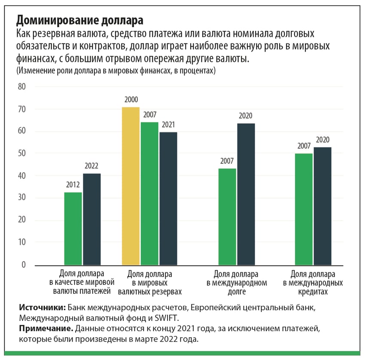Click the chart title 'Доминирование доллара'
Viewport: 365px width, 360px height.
(79, 20)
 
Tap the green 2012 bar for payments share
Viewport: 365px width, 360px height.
(73, 228)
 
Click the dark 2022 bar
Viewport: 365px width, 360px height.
(92, 219)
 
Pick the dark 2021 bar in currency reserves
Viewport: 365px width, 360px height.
(168, 198)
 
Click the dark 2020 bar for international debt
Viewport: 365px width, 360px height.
(246, 194)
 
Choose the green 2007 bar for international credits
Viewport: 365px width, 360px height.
(304, 209)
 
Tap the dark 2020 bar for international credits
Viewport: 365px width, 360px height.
(322, 206)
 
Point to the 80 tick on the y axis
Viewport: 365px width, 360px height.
(22, 87)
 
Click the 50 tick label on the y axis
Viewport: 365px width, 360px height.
(22, 153)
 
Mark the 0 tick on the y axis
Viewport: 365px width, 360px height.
(24, 265)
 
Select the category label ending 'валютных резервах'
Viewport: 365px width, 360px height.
(150, 283)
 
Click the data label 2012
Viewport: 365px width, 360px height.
(73, 186)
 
